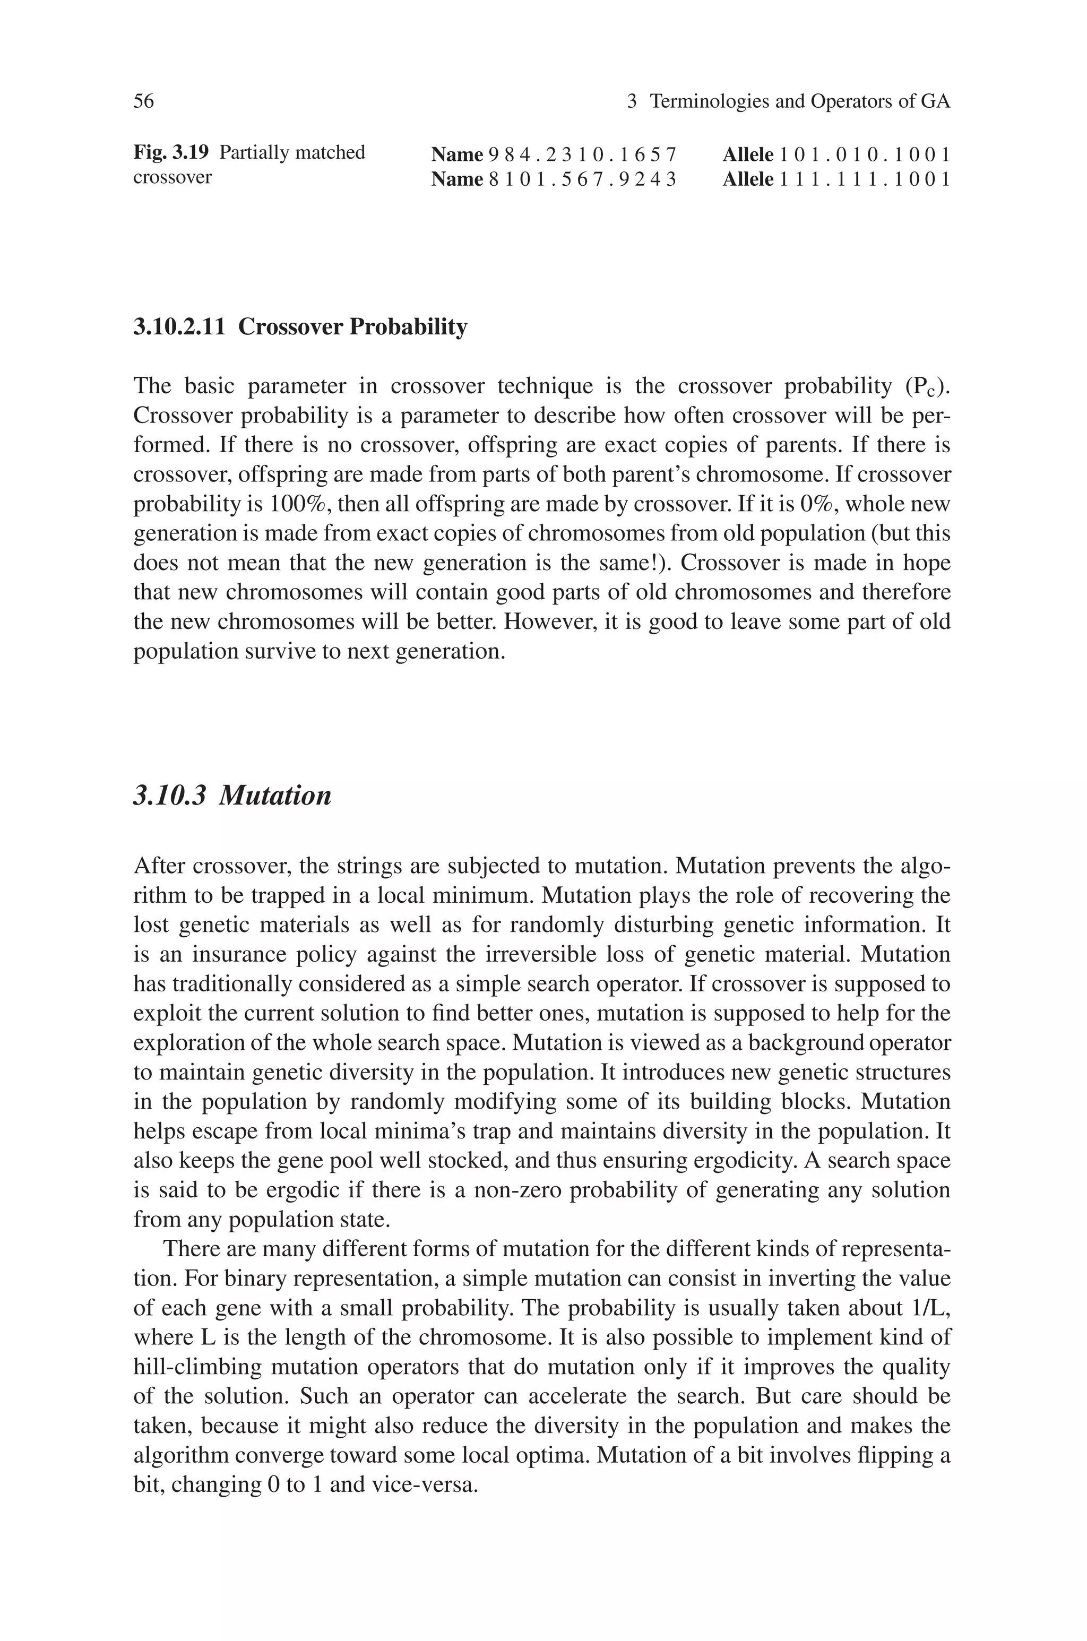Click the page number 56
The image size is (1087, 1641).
point(143,101)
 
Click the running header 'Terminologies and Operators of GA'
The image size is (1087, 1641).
point(800,101)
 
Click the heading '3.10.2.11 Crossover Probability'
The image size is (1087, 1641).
point(300,326)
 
